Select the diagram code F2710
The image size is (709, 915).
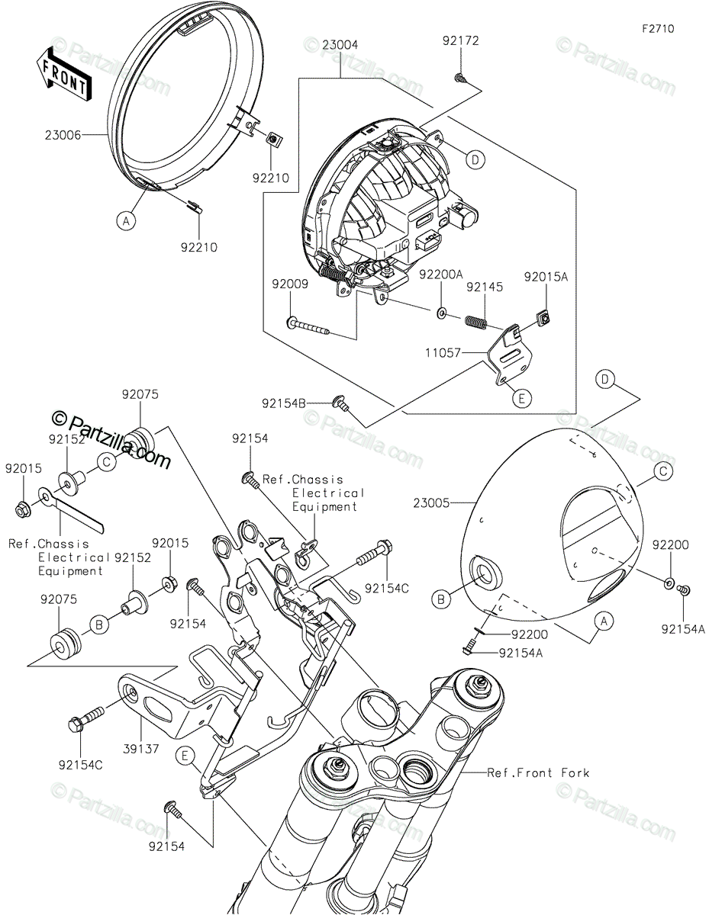coord(658,29)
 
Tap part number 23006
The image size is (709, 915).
coord(63,136)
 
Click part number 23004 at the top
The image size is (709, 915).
coord(340,45)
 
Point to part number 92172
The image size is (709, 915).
coord(460,41)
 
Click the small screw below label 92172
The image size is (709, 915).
coord(460,78)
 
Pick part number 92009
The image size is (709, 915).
coord(290,284)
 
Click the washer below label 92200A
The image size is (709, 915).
coord(441,313)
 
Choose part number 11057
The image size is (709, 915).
coord(443,353)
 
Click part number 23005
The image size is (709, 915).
coord(431,503)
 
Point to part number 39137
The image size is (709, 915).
coord(141,749)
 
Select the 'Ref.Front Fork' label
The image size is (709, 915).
coord(538,773)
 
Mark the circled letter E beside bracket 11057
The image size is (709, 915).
coord(521,398)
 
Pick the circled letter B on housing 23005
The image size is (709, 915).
coord(440,599)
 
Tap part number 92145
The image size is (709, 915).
coord(485,287)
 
